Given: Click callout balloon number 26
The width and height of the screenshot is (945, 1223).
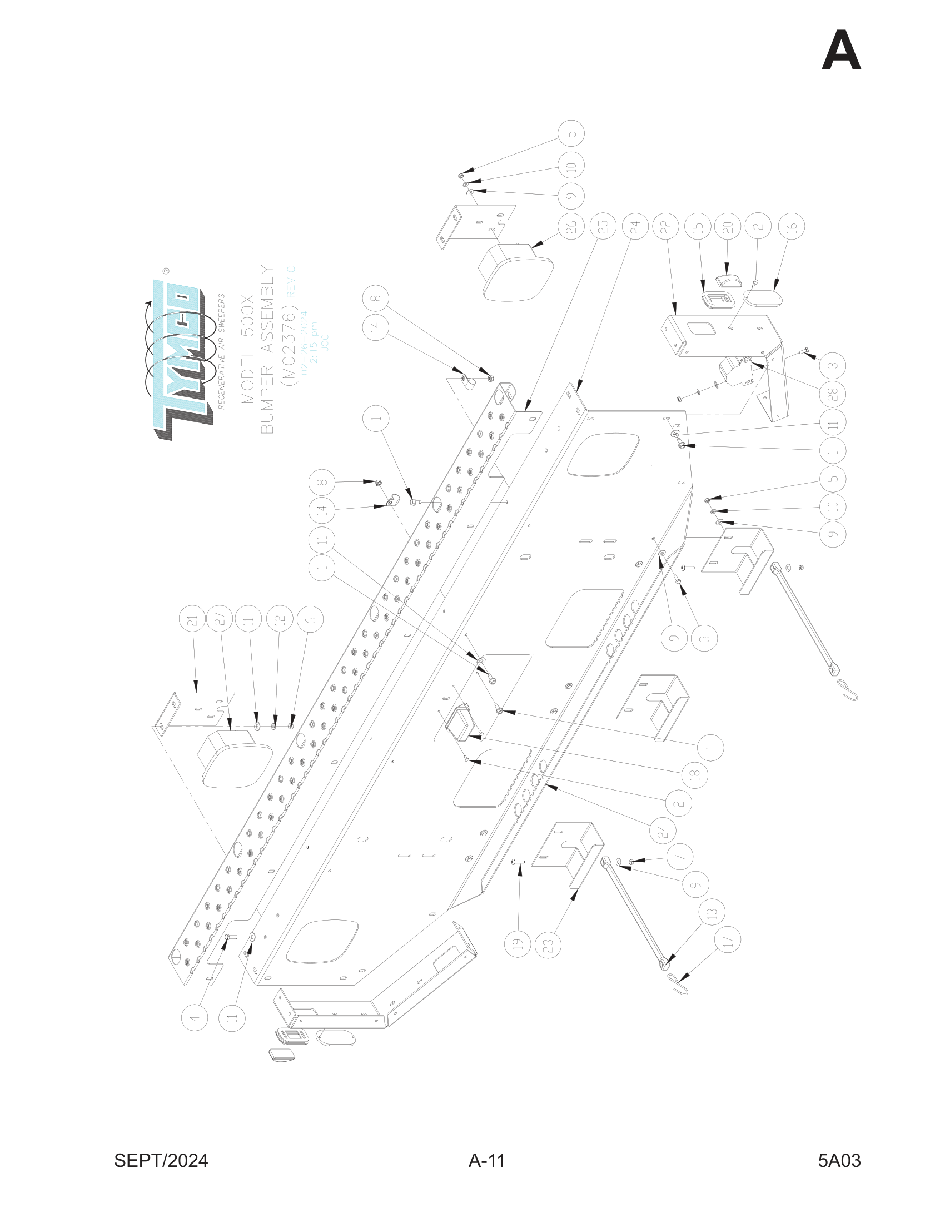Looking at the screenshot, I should pos(571,227).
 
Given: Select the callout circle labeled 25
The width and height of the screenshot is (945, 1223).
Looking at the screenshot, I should pos(603,227).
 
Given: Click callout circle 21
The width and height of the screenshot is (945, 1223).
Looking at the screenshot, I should pos(192,621).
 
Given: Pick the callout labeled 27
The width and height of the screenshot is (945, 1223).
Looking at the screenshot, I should pos(220,619).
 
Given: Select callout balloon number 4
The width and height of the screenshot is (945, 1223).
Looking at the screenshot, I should pos(195,1017).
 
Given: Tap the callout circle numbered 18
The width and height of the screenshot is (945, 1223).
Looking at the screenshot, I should pos(695,775).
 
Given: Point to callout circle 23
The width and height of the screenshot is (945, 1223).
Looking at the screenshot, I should pos(548,946).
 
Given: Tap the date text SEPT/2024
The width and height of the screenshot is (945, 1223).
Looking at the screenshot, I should pos(161,1161).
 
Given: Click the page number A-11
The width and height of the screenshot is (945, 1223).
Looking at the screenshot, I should pos(486,1161).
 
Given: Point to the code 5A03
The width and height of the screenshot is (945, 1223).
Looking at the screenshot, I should pos(839,1161).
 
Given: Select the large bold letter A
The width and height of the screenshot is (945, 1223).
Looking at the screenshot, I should pos(841,52).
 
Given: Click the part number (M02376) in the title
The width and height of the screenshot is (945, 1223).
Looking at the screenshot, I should pos(290,347).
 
